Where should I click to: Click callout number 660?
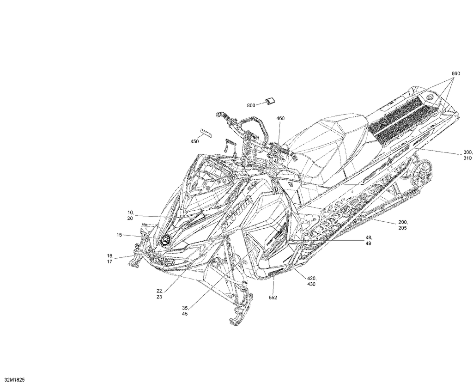click(x=455, y=73)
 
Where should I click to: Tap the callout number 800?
click(x=251, y=105)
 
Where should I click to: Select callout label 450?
click(x=194, y=141)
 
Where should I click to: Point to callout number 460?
click(x=280, y=118)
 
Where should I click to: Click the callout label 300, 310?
click(x=467, y=155)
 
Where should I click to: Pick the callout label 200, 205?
click(x=402, y=225)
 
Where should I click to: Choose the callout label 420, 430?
click(x=312, y=281)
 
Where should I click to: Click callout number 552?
click(x=273, y=298)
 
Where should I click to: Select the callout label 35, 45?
click(x=185, y=311)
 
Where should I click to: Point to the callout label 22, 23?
click(x=159, y=294)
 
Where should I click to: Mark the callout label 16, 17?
click(x=110, y=259)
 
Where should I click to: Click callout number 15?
click(x=120, y=235)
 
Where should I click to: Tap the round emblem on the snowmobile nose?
click(x=165, y=239)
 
